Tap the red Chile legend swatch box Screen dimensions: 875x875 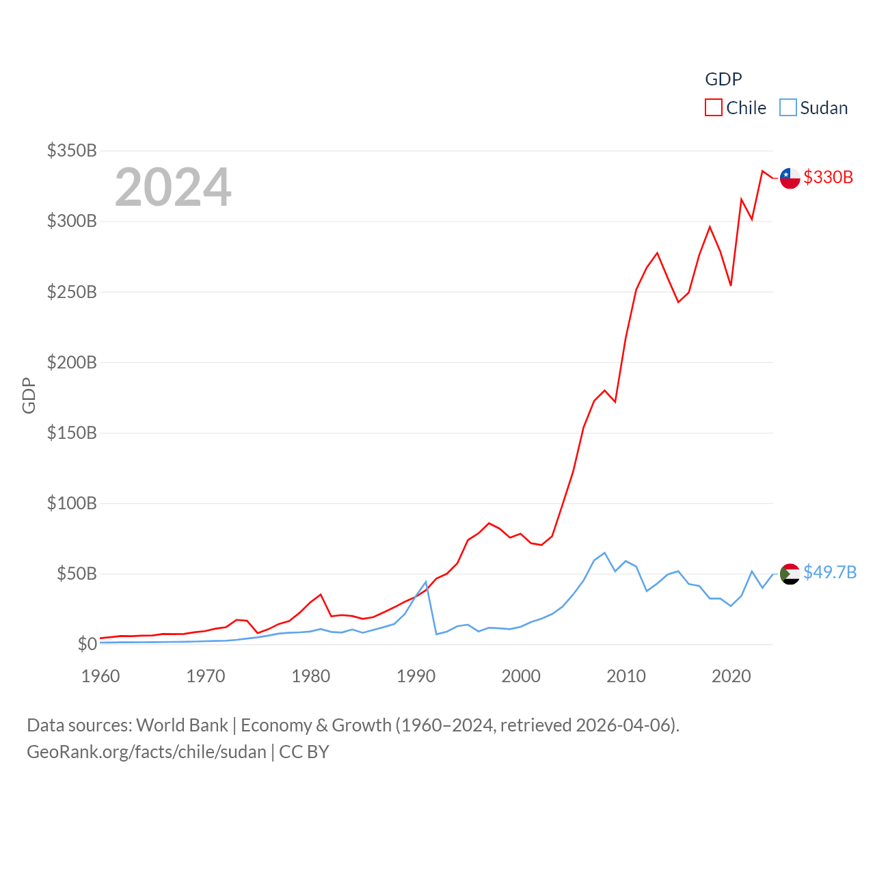(714, 108)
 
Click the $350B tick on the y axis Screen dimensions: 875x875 (72, 150)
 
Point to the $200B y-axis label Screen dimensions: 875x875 (72, 362)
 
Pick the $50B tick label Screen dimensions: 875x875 (77, 574)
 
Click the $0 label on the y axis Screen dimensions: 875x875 (87, 644)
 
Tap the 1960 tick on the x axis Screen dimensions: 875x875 (100, 676)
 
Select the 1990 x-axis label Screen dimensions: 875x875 (416, 676)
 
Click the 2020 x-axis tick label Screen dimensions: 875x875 (731, 676)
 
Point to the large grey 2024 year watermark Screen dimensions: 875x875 (173, 187)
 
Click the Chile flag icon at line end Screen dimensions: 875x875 (790, 178)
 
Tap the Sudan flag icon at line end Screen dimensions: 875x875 (790, 574)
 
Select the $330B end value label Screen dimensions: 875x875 (828, 177)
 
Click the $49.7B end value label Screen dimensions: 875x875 (830, 572)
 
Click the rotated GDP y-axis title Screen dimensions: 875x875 (29, 395)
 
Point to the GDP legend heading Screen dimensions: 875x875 (723, 79)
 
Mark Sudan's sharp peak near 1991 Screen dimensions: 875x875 (426, 582)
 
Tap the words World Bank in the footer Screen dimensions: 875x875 (182, 725)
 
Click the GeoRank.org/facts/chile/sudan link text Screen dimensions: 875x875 (146, 752)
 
